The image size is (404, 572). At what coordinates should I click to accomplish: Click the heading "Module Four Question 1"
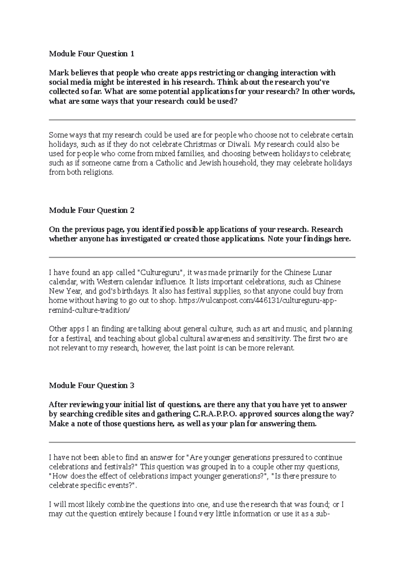(x=92, y=54)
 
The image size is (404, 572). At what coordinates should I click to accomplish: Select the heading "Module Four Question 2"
(x=92, y=211)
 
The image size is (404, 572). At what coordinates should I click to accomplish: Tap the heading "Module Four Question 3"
(x=92, y=386)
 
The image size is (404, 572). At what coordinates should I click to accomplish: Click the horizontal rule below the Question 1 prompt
(x=202, y=120)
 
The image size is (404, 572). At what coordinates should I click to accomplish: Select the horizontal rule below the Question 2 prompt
(x=202, y=257)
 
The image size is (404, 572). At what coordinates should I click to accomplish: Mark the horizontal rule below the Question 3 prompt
(x=202, y=442)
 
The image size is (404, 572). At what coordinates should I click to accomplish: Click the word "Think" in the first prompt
(x=228, y=83)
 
